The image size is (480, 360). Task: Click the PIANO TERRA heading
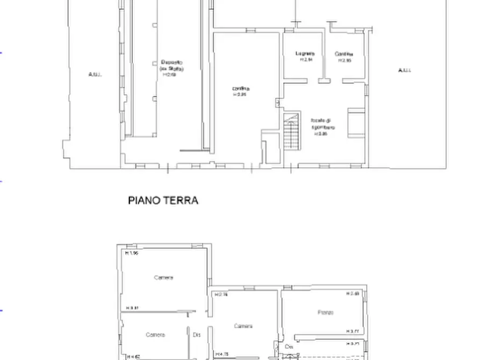pyautogui.click(x=163, y=200)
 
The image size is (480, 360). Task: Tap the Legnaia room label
pyautogui.click(x=304, y=54)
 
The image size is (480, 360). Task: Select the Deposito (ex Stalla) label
pyautogui.click(x=171, y=65)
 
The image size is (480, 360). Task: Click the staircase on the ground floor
pyautogui.click(x=291, y=132)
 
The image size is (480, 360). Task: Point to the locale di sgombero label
pyautogui.click(x=323, y=124)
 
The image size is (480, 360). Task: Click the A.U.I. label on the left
pyautogui.click(x=95, y=74)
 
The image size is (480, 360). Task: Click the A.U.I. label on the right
pyautogui.click(x=405, y=70)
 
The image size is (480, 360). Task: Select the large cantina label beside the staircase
pyautogui.click(x=240, y=89)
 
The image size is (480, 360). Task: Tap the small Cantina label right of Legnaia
pyautogui.click(x=344, y=54)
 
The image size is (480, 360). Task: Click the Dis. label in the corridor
pyautogui.click(x=196, y=335)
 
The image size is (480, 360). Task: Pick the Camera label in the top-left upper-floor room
pyautogui.click(x=163, y=278)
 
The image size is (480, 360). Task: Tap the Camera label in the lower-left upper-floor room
pyautogui.click(x=155, y=335)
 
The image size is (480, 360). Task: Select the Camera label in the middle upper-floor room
pyautogui.click(x=243, y=326)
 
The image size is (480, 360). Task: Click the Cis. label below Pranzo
pyautogui.click(x=289, y=347)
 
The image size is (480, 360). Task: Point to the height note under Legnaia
pyautogui.click(x=305, y=60)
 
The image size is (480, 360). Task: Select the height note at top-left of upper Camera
pyautogui.click(x=132, y=253)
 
